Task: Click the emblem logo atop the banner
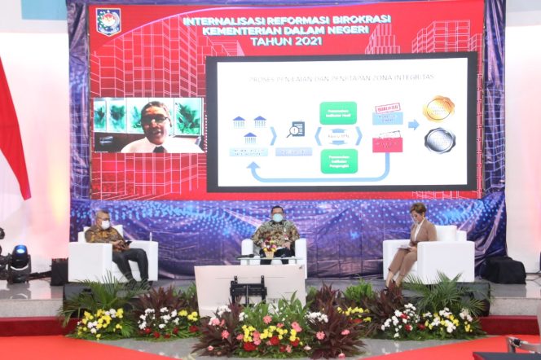[108, 21]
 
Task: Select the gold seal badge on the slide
[438, 108]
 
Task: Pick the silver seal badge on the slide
[439, 140]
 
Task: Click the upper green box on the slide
[337, 112]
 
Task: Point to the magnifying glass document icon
[295, 129]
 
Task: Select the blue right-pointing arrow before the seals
[413, 125]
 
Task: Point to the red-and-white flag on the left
[11, 130]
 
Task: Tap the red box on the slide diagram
[387, 144]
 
